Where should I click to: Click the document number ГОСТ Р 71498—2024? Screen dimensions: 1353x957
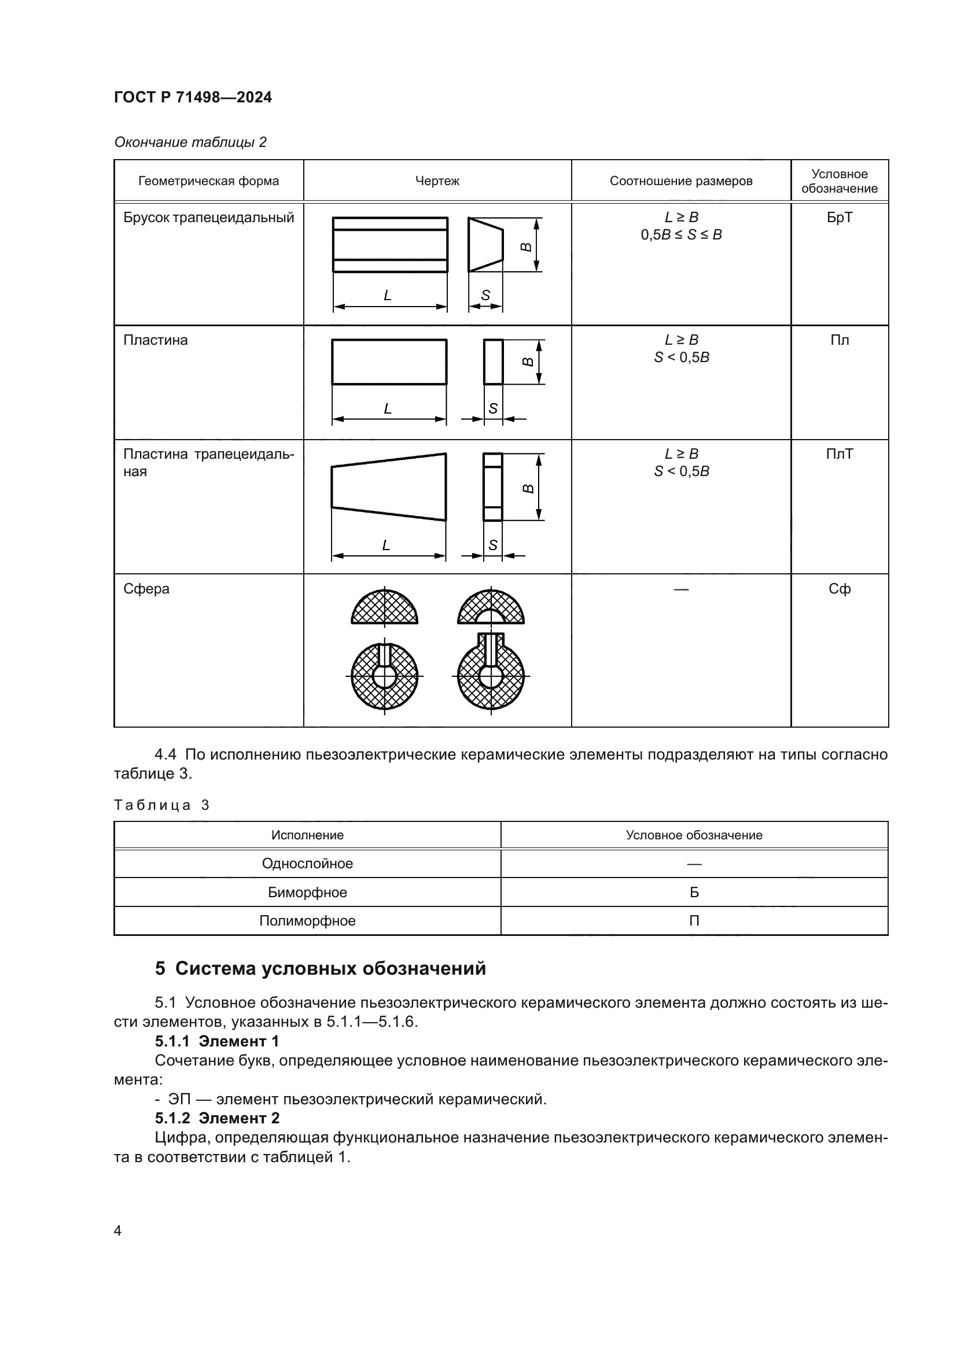click(193, 97)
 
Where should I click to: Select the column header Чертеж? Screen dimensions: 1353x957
click(437, 181)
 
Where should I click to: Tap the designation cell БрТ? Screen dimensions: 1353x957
click(839, 217)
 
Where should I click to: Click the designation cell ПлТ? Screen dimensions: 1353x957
click(839, 454)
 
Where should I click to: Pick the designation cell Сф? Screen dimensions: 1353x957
click(839, 589)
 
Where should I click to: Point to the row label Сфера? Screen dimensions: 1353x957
click(146, 589)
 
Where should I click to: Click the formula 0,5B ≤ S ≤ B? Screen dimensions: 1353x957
click(680, 234)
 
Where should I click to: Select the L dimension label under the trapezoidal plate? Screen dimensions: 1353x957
click(386, 545)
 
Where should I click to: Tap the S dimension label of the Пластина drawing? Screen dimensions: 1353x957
click(493, 408)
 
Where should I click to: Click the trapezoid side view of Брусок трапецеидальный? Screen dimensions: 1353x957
click(484, 245)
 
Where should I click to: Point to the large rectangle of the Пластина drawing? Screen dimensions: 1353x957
click(389, 362)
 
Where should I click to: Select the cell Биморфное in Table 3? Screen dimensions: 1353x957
click(307, 892)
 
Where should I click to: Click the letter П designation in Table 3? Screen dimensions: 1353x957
click(694, 920)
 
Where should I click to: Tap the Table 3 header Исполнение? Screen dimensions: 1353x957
click(307, 835)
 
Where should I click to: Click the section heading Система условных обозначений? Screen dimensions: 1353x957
click(330, 968)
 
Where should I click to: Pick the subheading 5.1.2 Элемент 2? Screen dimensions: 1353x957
click(217, 1118)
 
